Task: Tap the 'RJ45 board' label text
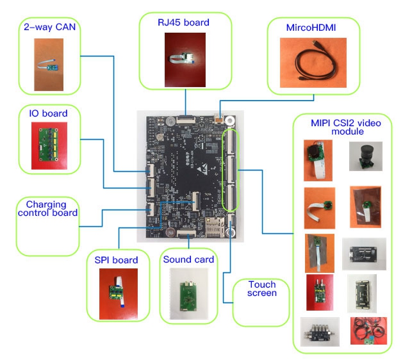184,23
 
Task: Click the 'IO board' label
49,114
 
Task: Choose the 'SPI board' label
116,260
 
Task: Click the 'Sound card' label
188,259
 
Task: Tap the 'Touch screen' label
261,289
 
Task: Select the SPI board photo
118,293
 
